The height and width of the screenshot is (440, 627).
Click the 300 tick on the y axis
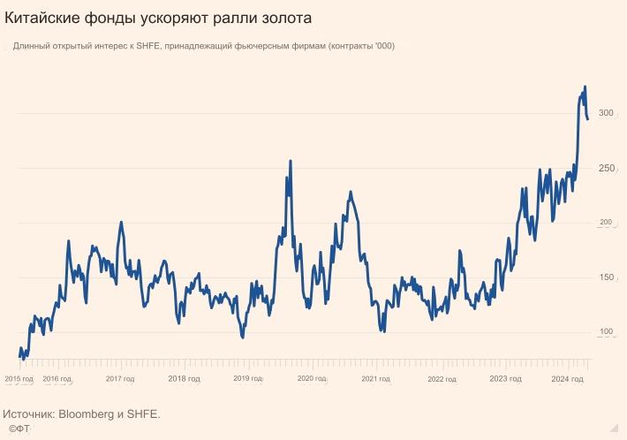click(x=606, y=113)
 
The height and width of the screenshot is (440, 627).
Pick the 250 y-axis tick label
click(x=606, y=168)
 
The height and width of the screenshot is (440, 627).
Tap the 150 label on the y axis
click(x=606, y=277)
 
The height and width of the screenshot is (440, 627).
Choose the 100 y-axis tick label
click(x=606, y=332)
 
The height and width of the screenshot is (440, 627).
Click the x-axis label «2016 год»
click(x=57, y=379)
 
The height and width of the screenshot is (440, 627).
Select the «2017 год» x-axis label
click(x=120, y=379)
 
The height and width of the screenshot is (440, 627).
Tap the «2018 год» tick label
click(x=184, y=379)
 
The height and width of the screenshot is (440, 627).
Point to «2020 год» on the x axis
click(x=312, y=379)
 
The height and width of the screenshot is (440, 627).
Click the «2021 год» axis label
click(x=375, y=379)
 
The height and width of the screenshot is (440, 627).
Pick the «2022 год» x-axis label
click(x=442, y=379)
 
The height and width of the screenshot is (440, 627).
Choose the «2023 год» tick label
click(x=505, y=379)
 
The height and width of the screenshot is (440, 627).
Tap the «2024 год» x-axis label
click(x=567, y=379)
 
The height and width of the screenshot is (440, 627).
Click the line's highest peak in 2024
click(x=585, y=87)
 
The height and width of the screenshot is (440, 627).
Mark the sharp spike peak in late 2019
click(x=291, y=161)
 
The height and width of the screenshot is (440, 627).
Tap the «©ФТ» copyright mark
click(x=19, y=429)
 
